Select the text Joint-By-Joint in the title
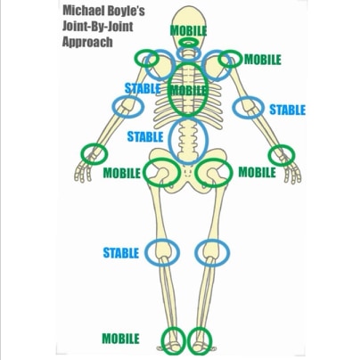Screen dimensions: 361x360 click(x=97, y=27)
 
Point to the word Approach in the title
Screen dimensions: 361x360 click(x=87, y=42)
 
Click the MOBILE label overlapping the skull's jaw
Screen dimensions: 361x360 click(x=188, y=30)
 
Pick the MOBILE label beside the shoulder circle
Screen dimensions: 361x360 click(x=263, y=60)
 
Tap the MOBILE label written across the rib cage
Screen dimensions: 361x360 click(x=188, y=90)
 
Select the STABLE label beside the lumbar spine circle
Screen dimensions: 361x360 click(x=145, y=137)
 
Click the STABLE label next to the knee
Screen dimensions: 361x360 click(x=121, y=253)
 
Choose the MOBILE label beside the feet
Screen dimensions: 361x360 click(x=120, y=339)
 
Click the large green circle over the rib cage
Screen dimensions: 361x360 click(x=168, y=89)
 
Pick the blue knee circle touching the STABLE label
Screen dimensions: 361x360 click(x=145, y=252)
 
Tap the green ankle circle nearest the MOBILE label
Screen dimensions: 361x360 click(x=162, y=341)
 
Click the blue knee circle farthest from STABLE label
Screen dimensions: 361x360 click(x=195, y=252)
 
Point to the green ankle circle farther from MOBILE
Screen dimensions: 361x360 click(x=190, y=341)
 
